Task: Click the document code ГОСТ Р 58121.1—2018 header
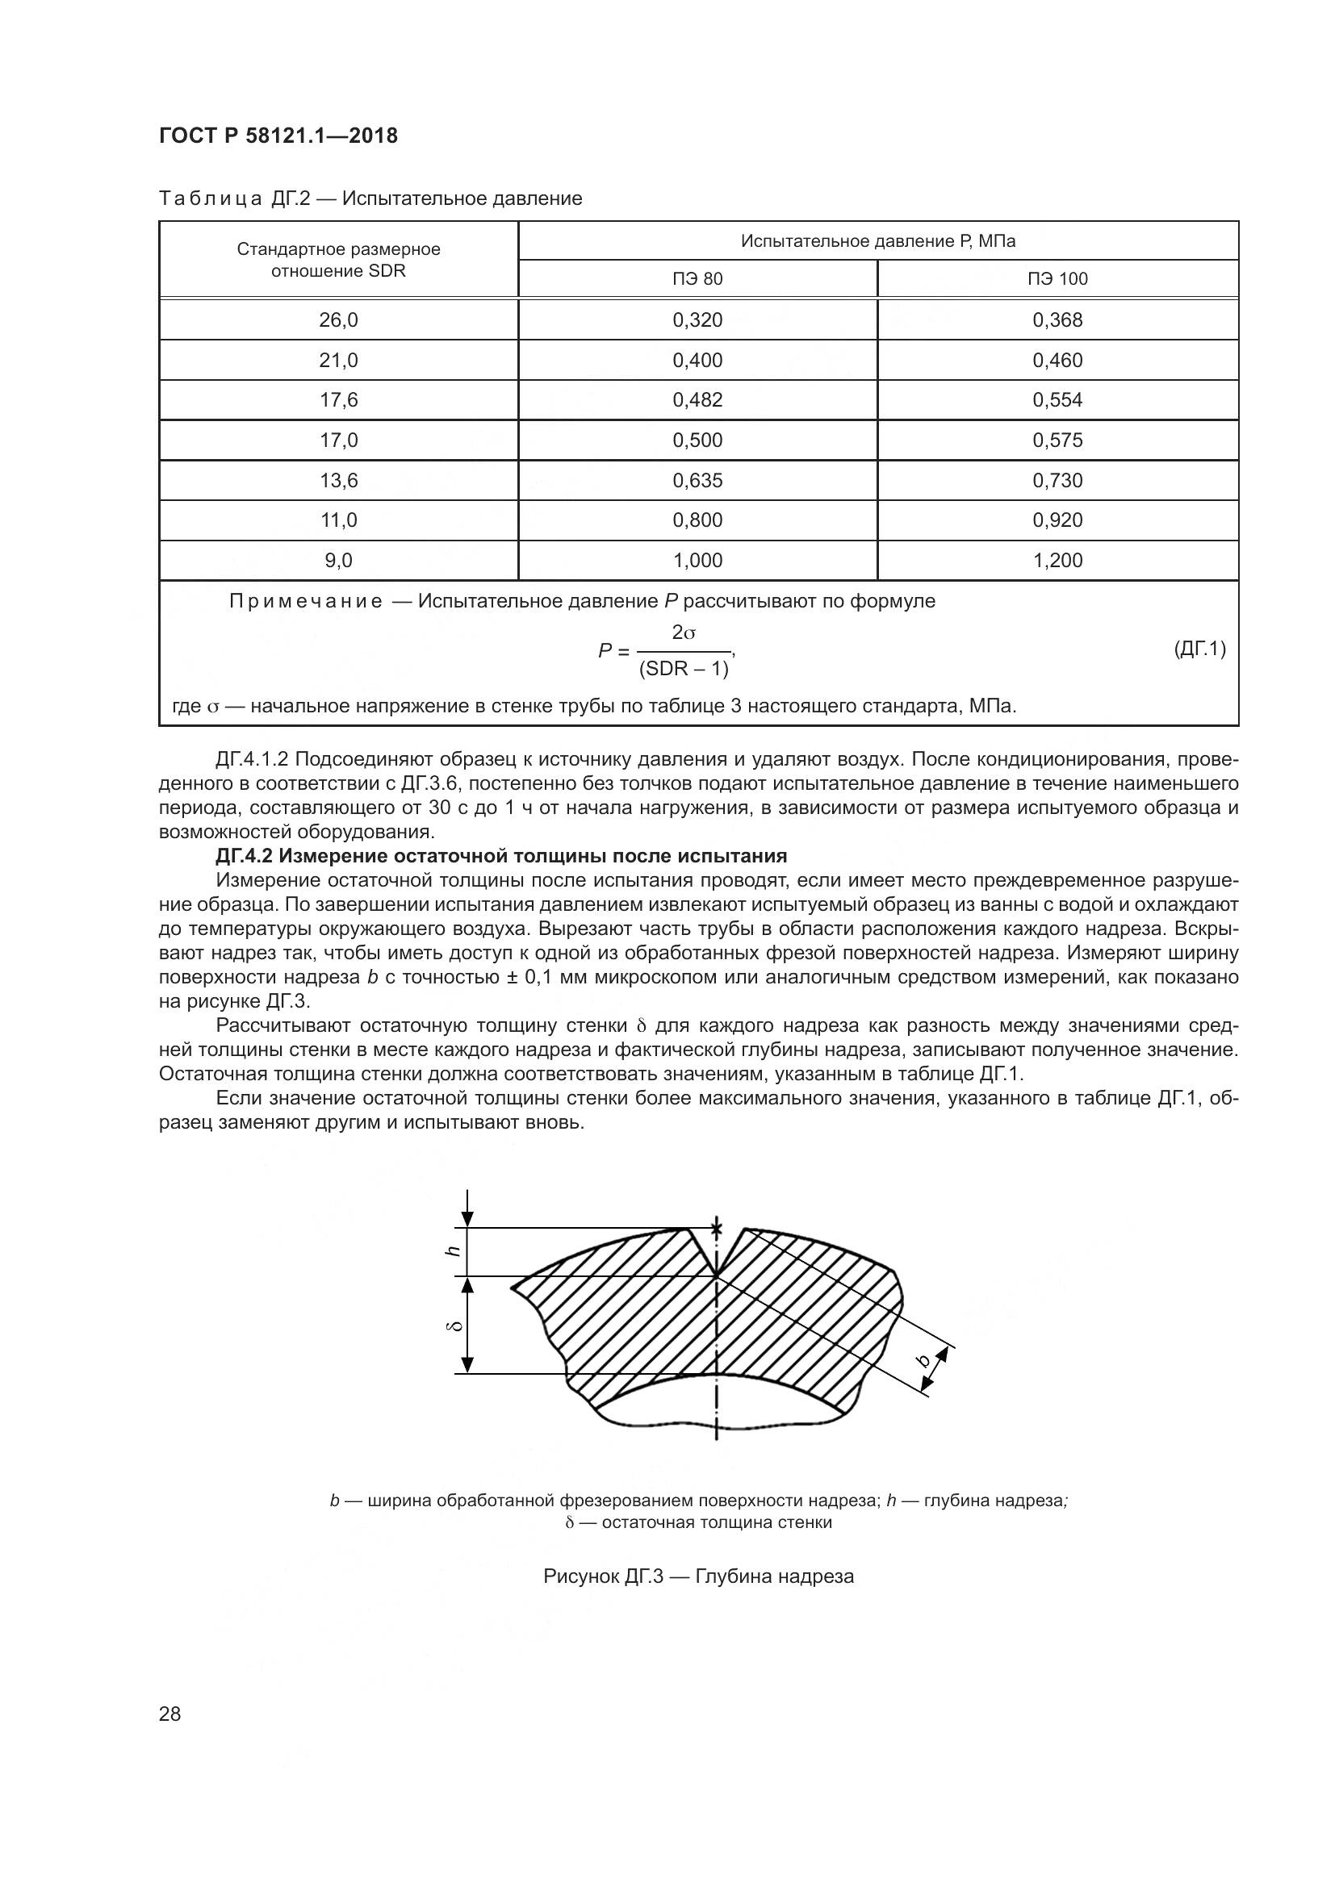(x=278, y=136)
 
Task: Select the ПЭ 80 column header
(x=697, y=278)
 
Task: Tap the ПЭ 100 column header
(x=1057, y=278)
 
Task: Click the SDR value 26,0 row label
(x=338, y=319)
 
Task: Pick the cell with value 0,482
(x=697, y=399)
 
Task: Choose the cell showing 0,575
(x=1057, y=440)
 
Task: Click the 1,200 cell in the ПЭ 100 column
(x=1057, y=561)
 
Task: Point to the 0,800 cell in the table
(x=697, y=520)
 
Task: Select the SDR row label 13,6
(x=338, y=480)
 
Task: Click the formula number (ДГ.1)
(x=1199, y=649)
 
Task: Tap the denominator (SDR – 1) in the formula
(x=683, y=669)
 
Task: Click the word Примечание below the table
(x=305, y=601)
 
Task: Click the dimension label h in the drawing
(x=451, y=1251)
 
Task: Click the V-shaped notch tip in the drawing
(x=716, y=1275)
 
